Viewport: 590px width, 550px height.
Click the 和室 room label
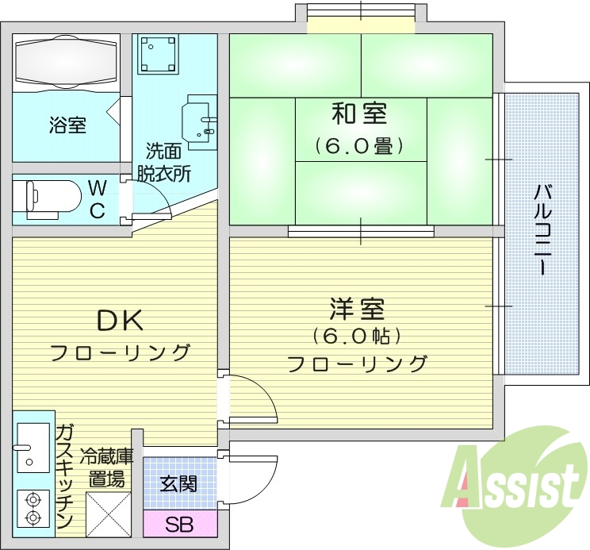click(x=359, y=115)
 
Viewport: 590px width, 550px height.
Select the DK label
click(x=120, y=321)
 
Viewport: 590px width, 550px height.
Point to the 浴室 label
click(x=67, y=125)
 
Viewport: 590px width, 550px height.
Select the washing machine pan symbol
click(x=157, y=54)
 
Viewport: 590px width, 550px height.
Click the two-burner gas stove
click(x=33, y=508)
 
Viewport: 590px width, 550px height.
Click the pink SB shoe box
click(x=178, y=525)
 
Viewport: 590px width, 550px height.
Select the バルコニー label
click(x=544, y=229)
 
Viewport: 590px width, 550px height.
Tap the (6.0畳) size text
click(x=359, y=147)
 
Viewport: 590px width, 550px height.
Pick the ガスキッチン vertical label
click(x=65, y=476)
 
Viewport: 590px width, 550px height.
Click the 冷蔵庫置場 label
click(x=105, y=467)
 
